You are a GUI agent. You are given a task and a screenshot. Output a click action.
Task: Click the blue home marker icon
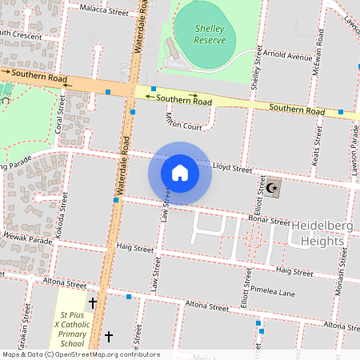pos(180,172)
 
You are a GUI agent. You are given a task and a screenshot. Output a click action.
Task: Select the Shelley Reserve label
pos(210,33)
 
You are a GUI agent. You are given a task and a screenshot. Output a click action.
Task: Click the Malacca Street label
pos(105,12)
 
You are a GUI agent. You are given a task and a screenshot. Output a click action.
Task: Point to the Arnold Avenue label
pos(289,58)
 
